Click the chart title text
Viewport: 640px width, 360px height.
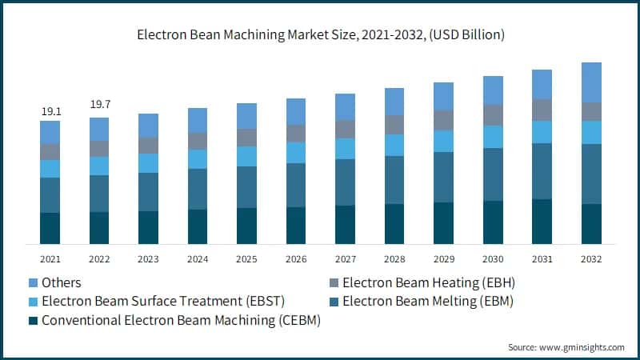(320, 35)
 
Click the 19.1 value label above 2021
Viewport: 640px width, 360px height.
(50, 111)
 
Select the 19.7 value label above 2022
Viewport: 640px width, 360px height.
(99, 104)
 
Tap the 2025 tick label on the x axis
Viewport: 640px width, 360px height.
(247, 259)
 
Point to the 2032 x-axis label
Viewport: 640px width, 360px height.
(591, 259)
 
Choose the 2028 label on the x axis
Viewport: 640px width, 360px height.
(394, 259)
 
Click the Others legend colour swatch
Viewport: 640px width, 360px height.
(33, 282)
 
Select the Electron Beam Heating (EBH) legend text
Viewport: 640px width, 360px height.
(427, 282)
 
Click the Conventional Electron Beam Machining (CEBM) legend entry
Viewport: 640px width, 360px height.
(175, 321)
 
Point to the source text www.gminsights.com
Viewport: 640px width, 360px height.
(566, 347)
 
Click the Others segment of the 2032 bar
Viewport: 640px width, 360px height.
(591, 82)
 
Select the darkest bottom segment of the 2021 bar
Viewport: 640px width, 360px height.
(50, 228)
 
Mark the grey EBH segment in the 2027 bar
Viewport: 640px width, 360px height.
(346, 129)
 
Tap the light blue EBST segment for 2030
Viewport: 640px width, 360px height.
(493, 137)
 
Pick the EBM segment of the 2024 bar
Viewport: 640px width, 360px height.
(198, 189)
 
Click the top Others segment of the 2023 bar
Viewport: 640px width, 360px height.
(148, 125)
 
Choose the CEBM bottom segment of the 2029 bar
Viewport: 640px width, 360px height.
(444, 222)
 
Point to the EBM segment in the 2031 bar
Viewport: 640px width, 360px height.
(542, 171)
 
